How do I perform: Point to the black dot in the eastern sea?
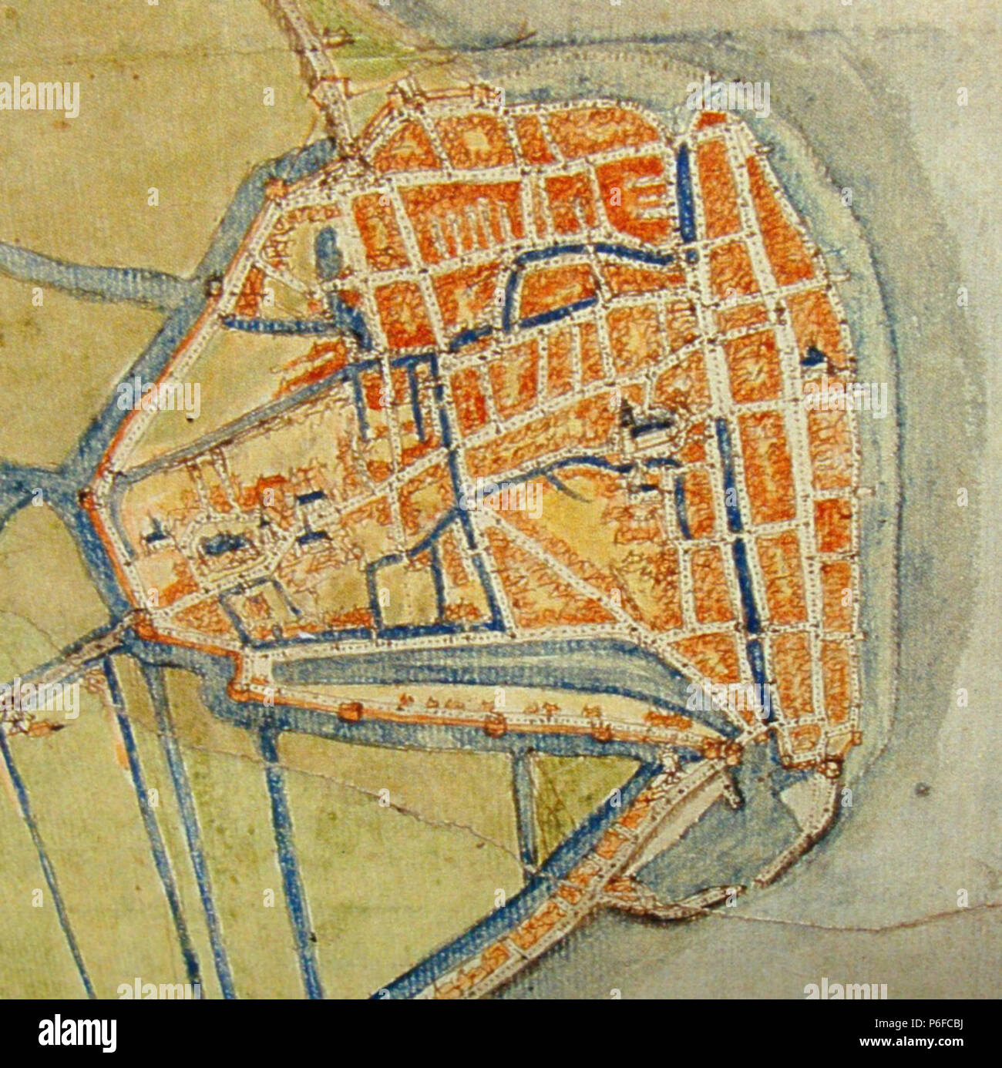(x=923, y=788)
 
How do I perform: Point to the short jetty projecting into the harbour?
(x=732, y=786)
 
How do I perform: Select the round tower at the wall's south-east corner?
(x=831, y=767)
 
